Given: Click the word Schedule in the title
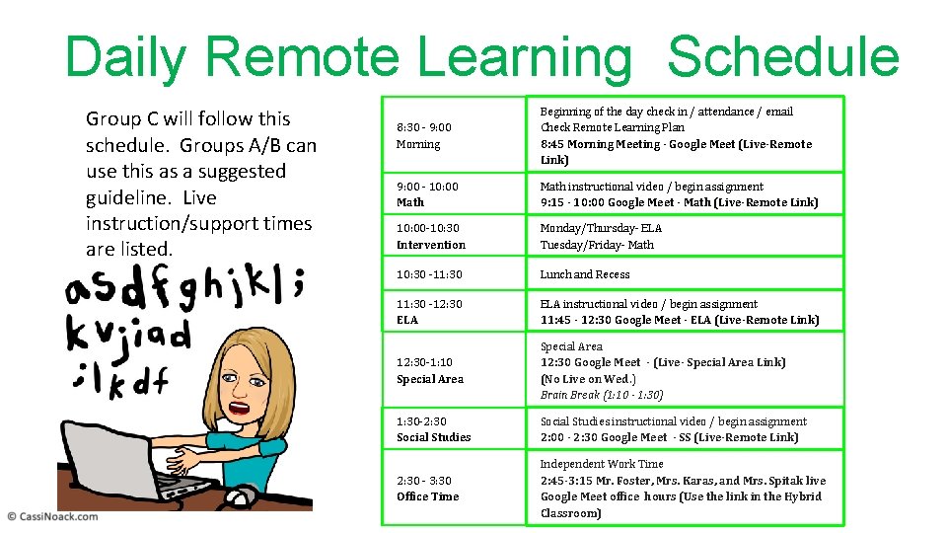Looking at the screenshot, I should pos(782,58).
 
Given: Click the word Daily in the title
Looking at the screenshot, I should pos(124,58).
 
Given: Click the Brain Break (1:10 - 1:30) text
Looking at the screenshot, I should pos(601,395).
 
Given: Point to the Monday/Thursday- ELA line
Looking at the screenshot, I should pos(601,228).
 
